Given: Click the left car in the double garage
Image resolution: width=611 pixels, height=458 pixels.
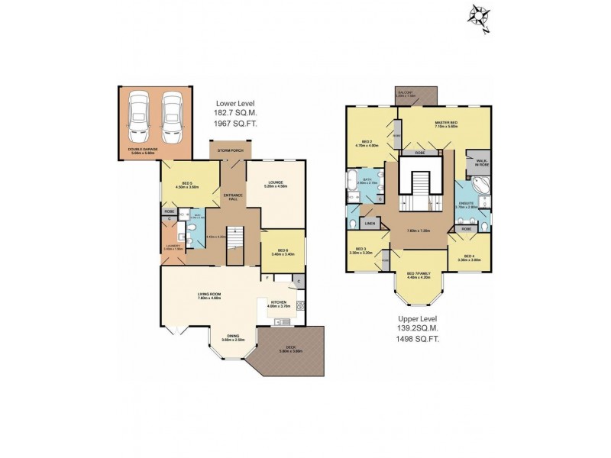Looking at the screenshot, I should coord(139,116).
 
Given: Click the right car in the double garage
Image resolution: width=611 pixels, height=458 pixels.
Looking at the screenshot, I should coord(173,116).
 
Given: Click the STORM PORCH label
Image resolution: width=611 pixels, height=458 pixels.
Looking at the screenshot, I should coord(230,151).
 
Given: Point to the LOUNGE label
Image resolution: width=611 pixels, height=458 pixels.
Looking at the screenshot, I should coord(276,182).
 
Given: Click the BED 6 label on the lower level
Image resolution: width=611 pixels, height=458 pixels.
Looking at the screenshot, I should coord(283,250).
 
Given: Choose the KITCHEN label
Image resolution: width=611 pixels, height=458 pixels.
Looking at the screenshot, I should coord(279,302).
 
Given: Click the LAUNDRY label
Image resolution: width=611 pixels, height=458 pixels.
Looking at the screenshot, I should coord(173,245).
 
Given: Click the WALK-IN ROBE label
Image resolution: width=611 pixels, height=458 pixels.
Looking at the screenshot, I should coord(482,163).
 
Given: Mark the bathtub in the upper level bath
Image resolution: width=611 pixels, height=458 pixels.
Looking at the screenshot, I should coord(351,183).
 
